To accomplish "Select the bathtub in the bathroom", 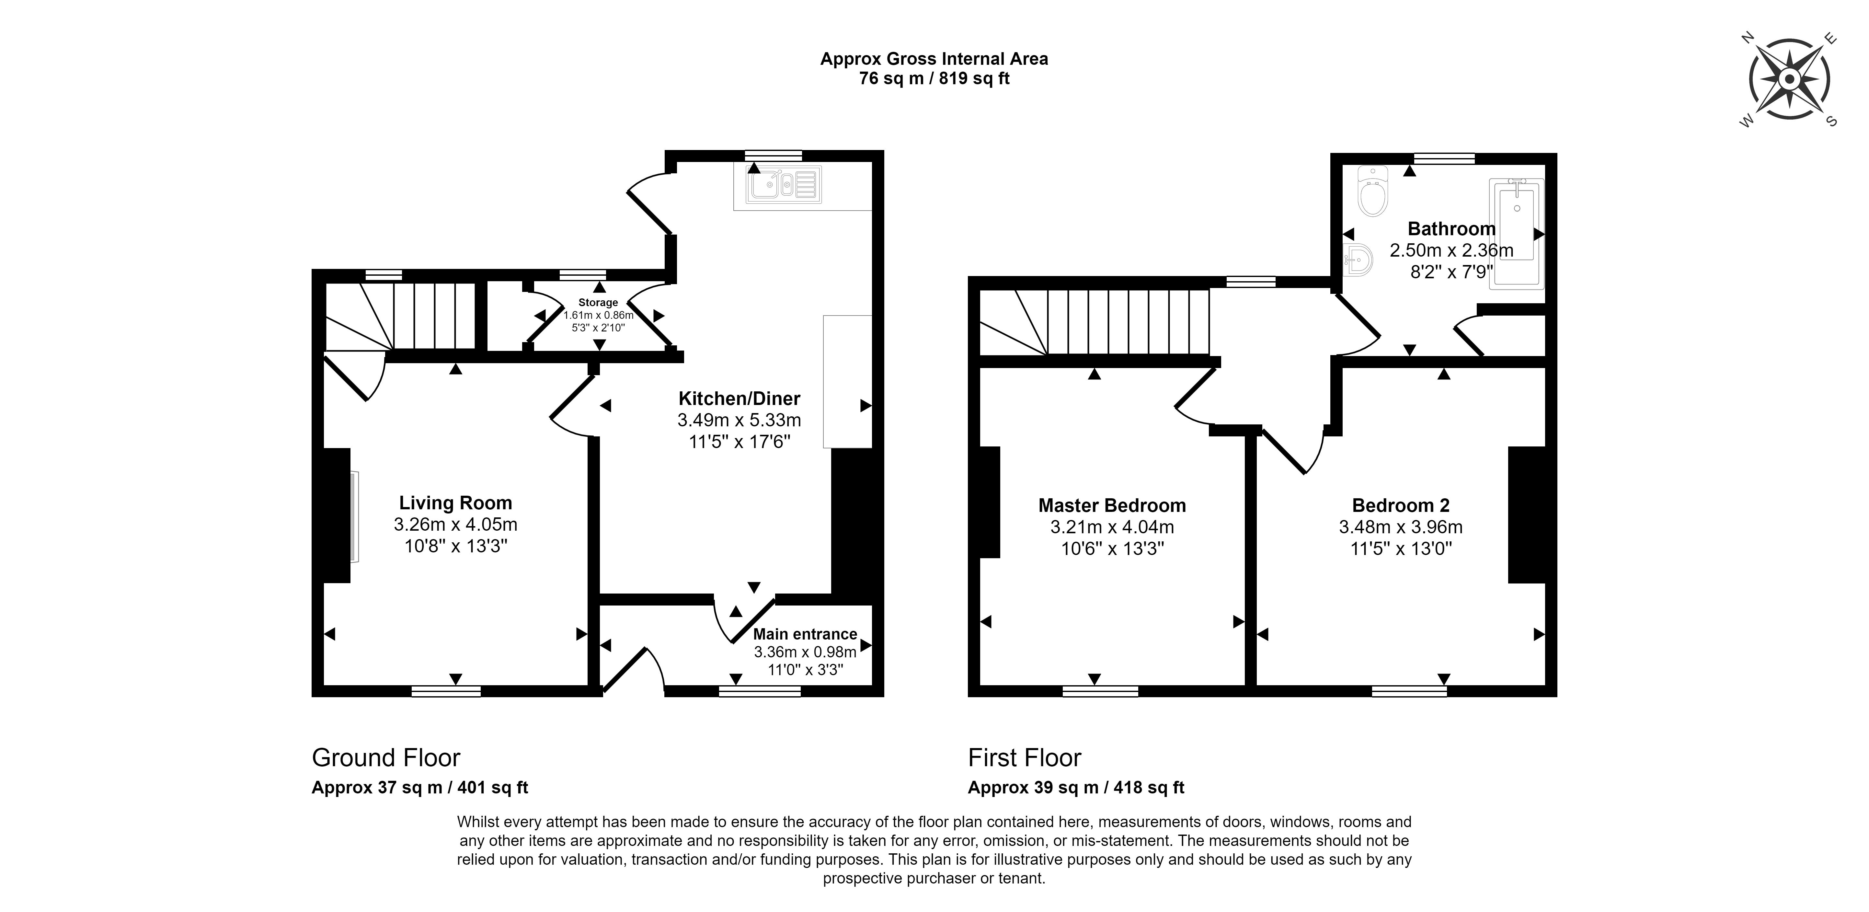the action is point(1516,234).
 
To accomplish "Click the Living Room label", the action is point(456,503).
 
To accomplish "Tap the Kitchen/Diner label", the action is point(739,398).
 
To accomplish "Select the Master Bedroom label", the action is point(1112,506).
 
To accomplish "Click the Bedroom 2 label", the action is point(1401,506).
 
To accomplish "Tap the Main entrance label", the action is point(805,634).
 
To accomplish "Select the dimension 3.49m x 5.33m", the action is point(739,420).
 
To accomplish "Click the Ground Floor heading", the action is point(386,758).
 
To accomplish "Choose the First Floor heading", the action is point(1025,758).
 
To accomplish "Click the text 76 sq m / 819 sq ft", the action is point(935,78).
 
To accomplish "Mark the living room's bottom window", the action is point(446,691).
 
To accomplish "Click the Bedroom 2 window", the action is point(1409,691).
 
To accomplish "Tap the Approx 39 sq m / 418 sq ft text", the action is point(1076,788).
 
